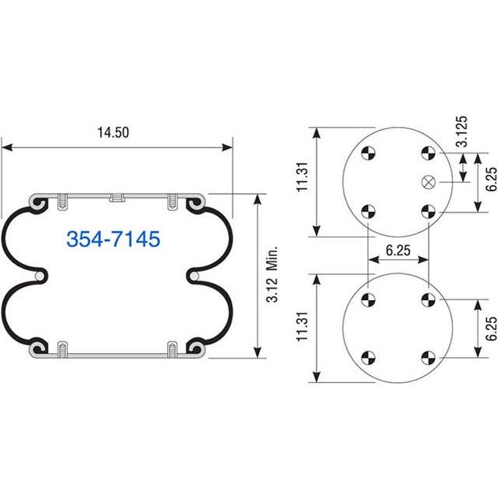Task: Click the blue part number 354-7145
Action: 113,239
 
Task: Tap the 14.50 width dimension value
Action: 113,132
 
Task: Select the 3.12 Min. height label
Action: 272,273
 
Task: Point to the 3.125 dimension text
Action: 462,131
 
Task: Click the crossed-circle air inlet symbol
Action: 428,182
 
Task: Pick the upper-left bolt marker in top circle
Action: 369,153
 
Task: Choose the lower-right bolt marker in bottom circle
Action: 428,358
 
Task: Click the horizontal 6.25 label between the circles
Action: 398,251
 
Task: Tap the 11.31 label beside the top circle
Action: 303,177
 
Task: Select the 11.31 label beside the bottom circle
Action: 303,326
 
